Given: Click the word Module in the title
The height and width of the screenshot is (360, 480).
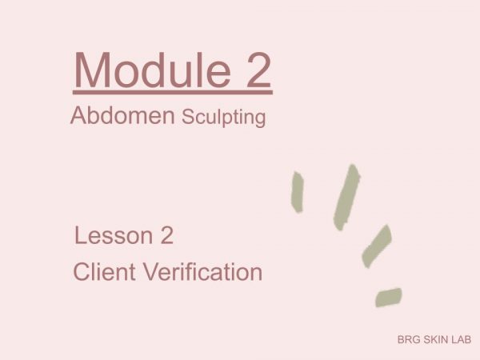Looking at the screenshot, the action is (152, 70).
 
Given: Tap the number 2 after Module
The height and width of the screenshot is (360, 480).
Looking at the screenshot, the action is (258, 70).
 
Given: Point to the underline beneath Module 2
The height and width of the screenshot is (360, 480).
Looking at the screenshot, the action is (173, 92).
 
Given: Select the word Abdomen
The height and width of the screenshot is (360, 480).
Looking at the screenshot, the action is (122, 115).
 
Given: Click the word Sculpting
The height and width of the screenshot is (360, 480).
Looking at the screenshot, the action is (224, 118).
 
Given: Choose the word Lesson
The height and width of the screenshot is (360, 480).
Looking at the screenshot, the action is (114, 235).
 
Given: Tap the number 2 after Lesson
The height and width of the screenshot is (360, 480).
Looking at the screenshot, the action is (167, 235).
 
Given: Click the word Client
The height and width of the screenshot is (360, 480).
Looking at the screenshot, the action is (104, 271).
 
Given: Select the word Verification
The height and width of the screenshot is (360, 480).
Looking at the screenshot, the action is (203, 271).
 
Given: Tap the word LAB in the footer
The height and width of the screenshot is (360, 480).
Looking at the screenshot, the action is (462, 339).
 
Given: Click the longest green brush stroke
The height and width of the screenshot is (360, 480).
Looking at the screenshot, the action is (346, 198).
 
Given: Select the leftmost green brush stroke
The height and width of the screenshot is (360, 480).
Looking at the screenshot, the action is (298, 192).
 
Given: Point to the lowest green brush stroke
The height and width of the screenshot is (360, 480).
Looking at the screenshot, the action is (389, 297).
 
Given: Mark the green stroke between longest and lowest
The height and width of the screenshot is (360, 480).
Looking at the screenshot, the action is (377, 246).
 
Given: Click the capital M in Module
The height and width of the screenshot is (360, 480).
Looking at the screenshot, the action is (92, 70).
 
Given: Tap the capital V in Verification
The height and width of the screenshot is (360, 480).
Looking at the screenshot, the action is (152, 271).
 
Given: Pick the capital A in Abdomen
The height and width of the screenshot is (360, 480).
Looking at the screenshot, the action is (79, 115).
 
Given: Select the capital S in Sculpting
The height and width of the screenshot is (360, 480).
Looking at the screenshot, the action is (189, 117).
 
